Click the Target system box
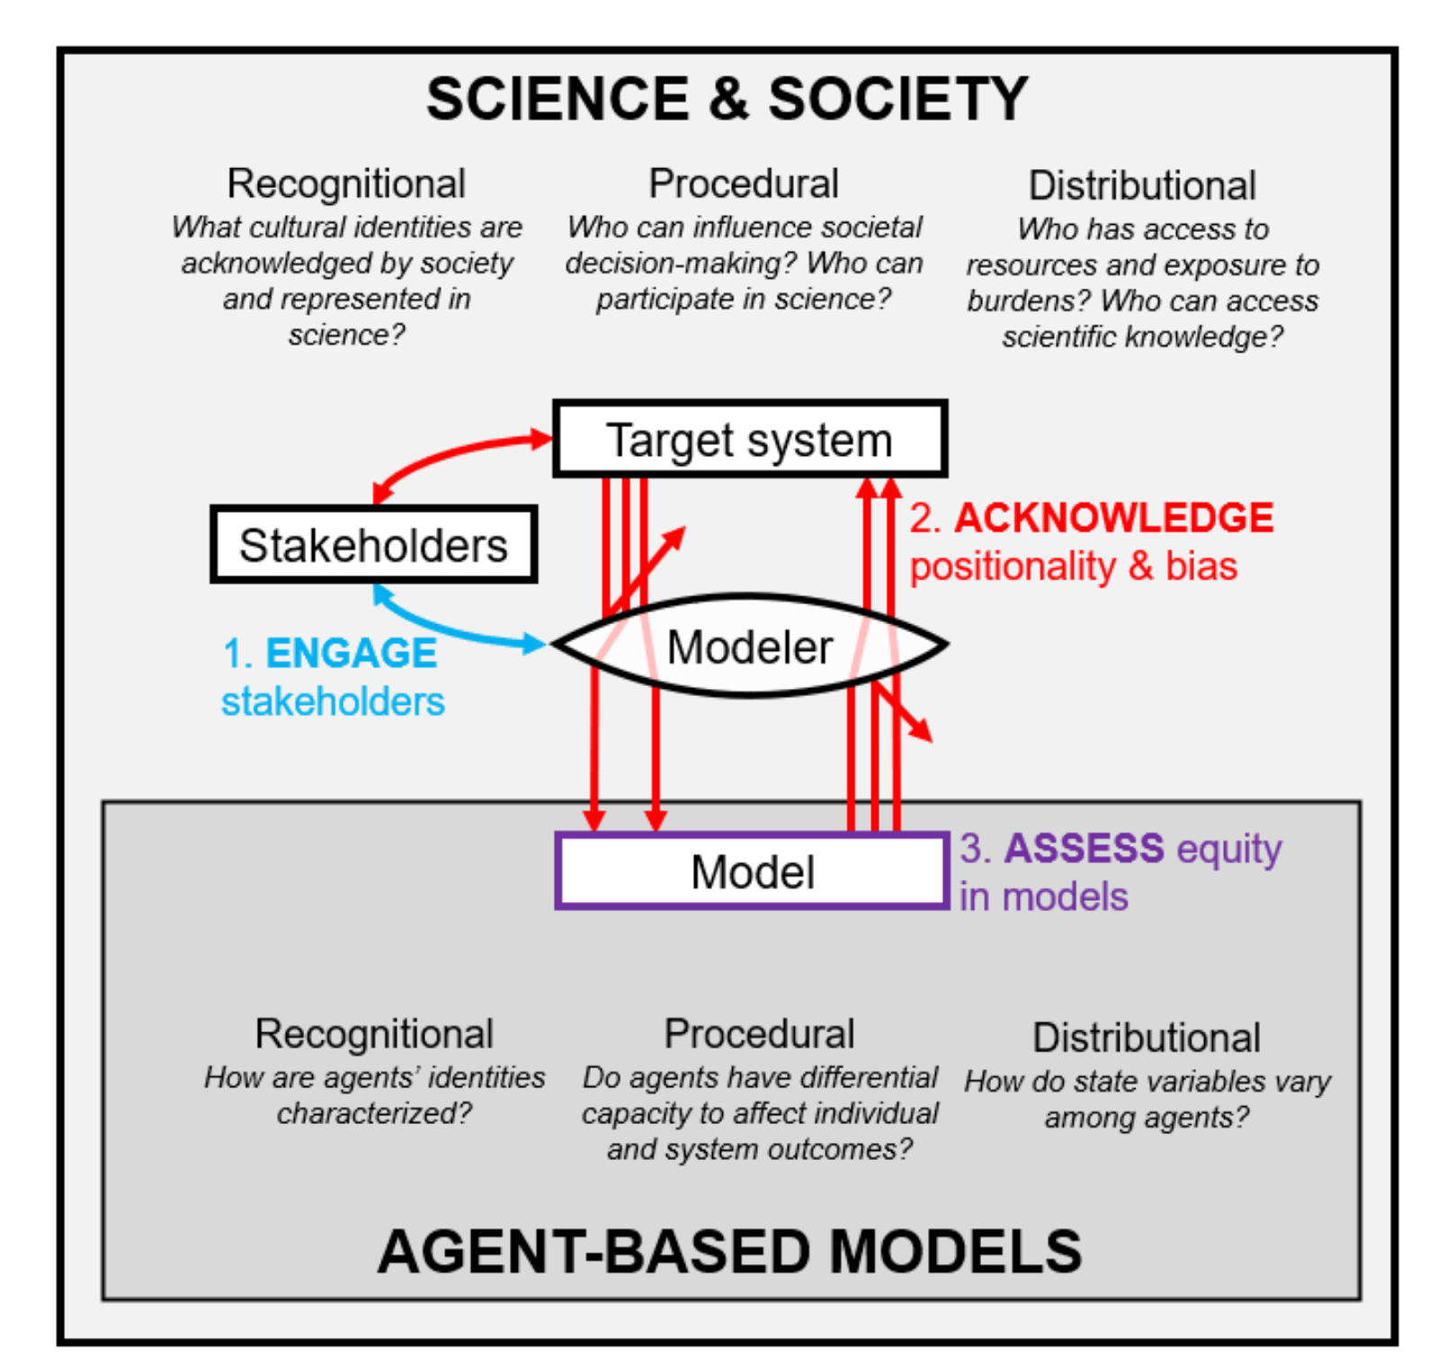750,439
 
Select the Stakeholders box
373,545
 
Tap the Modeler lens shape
750,646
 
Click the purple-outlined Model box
752,871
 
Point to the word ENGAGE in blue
352,653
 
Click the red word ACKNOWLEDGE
1113,518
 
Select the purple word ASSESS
1084,848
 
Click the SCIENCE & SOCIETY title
727,98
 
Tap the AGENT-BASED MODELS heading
729,1251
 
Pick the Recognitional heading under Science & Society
346,183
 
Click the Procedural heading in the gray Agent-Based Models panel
759,1033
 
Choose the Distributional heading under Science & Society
1142,185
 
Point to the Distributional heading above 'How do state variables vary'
1147,1037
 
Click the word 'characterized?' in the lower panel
373,1113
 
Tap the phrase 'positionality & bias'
1073,567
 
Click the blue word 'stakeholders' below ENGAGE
333,701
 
